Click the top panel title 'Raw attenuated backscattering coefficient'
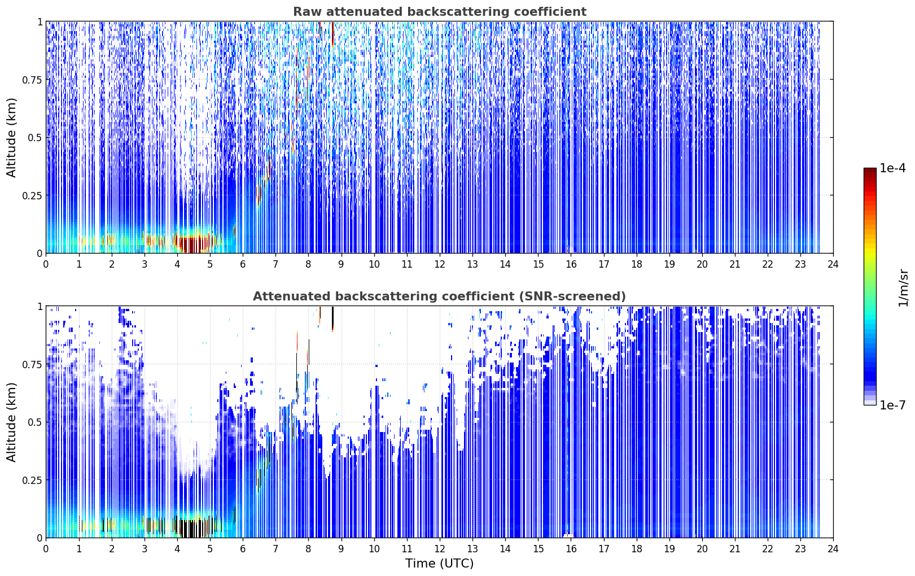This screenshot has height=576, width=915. pos(440,11)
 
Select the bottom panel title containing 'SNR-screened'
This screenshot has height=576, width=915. pos(439,296)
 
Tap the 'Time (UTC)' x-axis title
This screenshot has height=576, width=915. pos(440,564)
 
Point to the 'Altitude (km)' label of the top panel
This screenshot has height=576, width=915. pos(11,138)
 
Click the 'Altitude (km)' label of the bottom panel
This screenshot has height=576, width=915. pos(11,422)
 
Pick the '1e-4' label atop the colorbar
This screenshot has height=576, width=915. pos(892,168)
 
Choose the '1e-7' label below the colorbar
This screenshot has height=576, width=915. pos(892,405)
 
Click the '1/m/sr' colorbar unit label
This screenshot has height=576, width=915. pos(903,287)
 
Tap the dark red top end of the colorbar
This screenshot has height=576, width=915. pos(870,171)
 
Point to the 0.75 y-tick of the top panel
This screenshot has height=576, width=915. pos(32,80)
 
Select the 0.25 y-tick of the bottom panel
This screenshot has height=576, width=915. pos(32,480)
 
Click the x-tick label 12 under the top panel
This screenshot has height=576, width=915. pos(440,264)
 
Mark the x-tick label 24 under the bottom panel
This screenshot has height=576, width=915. pos(833,549)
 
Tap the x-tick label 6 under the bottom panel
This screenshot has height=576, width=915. pos(243,549)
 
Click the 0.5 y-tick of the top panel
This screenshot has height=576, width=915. pos(34,138)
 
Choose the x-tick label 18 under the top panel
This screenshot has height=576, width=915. pos(636,264)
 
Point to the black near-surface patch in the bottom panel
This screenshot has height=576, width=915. pos(192,529)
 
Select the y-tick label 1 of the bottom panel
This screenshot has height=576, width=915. pos(40,307)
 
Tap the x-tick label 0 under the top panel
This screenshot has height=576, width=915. pos(46,264)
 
